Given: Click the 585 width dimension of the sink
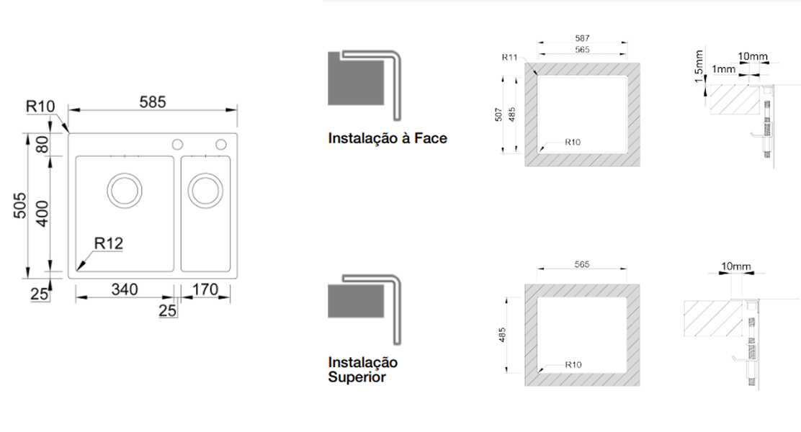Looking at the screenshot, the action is click(153, 102).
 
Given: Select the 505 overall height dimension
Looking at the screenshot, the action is click(20, 205).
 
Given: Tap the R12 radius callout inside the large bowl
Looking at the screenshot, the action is click(108, 243).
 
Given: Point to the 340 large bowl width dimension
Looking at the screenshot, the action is click(125, 289).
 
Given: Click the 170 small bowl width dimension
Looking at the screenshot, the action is click(205, 289).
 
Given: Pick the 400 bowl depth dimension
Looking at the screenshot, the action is click(43, 213).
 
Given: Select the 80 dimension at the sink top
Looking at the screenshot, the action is click(43, 145).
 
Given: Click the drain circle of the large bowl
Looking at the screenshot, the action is click(124, 191).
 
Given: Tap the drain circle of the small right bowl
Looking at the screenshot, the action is click(205, 191).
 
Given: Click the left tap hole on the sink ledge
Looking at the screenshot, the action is click(177, 145).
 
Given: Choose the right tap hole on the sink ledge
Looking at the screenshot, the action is click(220, 145).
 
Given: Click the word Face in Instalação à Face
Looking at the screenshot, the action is click(430, 138).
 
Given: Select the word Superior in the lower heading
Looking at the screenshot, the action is click(357, 377).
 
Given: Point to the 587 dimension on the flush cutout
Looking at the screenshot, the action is click(582, 38).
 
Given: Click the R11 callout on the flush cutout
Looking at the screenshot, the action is click(510, 57).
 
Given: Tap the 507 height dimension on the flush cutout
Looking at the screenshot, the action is click(498, 114).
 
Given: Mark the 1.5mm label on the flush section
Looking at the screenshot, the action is click(699, 66).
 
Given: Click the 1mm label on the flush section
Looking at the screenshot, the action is click(723, 69).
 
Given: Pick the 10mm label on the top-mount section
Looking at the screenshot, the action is click(736, 266).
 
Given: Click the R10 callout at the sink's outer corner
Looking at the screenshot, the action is click(40, 107).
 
